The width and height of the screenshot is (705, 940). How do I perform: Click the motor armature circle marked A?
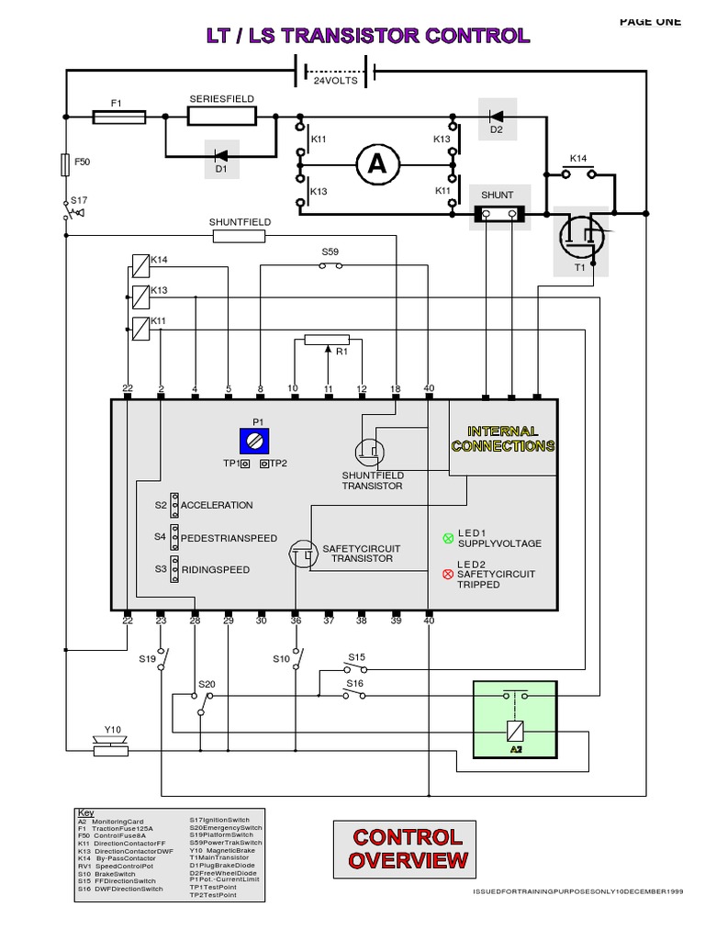(377, 164)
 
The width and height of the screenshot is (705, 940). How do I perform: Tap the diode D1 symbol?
(220, 155)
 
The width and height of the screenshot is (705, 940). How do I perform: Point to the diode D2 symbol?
(497, 117)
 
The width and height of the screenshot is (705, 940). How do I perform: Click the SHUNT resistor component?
(498, 214)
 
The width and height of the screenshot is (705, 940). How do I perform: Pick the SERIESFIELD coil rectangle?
(222, 117)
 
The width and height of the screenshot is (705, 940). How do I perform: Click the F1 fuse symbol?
(119, 117)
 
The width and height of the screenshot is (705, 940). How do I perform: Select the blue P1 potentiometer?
(258, 442)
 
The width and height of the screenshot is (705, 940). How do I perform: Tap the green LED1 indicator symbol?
(448, 537)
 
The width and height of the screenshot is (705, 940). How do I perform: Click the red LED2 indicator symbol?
(448, 574)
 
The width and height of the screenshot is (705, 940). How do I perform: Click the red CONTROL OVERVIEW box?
(408, 848)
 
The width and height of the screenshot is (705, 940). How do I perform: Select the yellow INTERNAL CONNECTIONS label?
(502, 439)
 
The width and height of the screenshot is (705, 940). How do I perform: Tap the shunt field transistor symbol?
(370, 451)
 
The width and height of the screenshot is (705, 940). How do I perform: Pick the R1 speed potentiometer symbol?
(328, 341)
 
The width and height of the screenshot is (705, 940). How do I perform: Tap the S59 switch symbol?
(330, 266)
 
